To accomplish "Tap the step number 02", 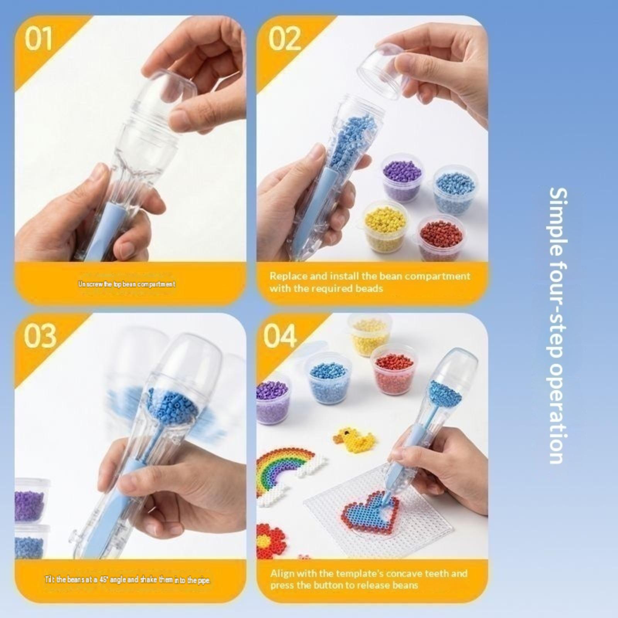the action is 284,39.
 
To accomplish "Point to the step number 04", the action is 281,335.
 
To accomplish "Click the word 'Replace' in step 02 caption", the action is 288,276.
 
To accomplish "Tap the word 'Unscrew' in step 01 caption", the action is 90,284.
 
